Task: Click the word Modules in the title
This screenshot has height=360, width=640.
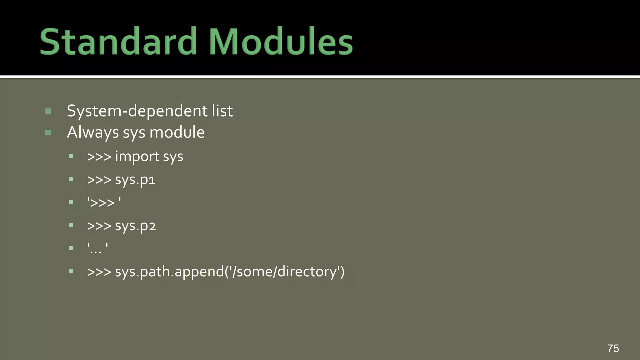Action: tap(281, 42)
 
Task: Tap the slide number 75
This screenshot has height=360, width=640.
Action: tap(613, 348)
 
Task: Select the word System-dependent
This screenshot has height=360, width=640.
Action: tap(137, 111)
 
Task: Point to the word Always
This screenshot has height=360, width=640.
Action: tap(92, 132)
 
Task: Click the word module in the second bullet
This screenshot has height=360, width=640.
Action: tap(177, 132)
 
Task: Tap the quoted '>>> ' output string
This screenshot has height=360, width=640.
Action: tap(104, 202)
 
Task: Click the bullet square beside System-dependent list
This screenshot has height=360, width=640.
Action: tap(48, 111)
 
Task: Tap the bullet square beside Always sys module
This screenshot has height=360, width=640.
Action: tap(48, 133)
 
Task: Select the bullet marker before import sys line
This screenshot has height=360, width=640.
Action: tap(71, 156)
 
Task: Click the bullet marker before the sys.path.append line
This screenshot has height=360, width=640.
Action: tap(71, 271)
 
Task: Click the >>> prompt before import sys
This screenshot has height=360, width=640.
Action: tap(99, 157)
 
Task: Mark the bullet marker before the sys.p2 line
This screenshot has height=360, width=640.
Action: tap(71, 225)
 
